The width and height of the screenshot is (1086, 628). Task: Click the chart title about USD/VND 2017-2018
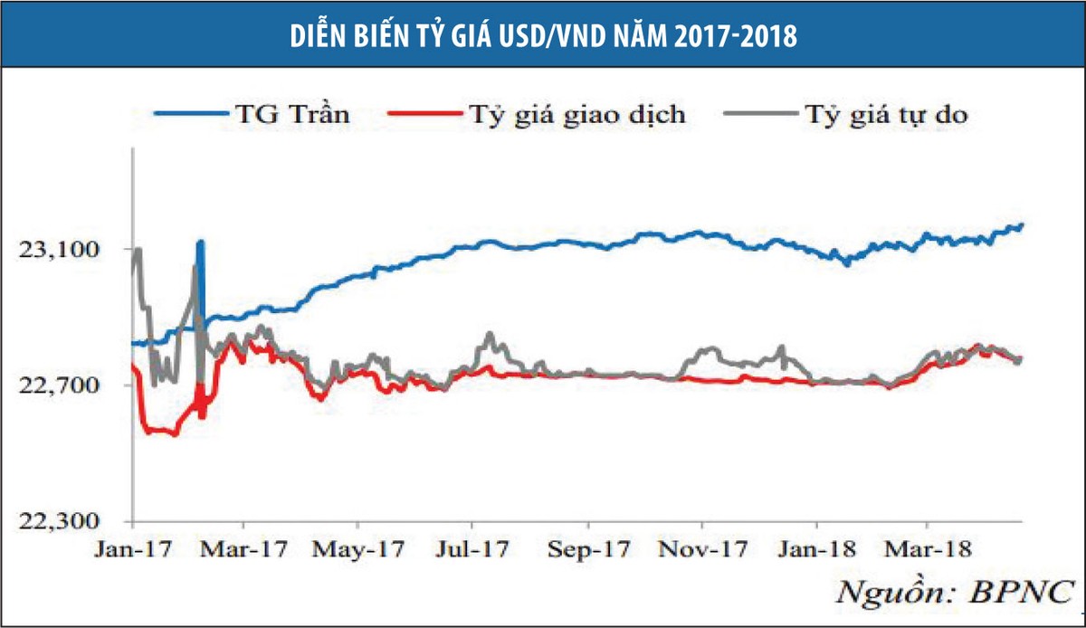[544, 36]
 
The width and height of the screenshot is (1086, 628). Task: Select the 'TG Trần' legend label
[292, 114]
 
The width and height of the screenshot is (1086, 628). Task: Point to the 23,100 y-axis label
[58, 250]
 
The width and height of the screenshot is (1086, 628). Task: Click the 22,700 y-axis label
[58, 385]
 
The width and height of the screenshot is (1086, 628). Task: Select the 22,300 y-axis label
[58, 521]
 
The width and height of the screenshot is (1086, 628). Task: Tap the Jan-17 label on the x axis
[133, 549]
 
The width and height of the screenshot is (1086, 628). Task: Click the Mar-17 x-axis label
[243, 549]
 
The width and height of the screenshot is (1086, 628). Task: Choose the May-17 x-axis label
[358, 550]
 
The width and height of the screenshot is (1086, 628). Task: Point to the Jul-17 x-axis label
[472, 549]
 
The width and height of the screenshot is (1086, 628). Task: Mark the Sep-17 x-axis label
[588, 550]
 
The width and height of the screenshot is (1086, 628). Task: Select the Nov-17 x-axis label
[703, 549]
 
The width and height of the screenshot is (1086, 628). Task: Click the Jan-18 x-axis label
[817, 549]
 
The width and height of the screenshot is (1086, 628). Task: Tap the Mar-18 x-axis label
[928, 549]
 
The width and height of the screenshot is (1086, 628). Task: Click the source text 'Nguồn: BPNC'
[955, 593]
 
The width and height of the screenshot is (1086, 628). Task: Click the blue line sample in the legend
[191, 114]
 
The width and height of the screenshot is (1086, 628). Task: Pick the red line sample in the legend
[425, 114]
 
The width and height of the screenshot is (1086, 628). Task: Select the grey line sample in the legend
[761, 114]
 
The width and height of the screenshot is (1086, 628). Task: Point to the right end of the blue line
[1022, 224]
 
